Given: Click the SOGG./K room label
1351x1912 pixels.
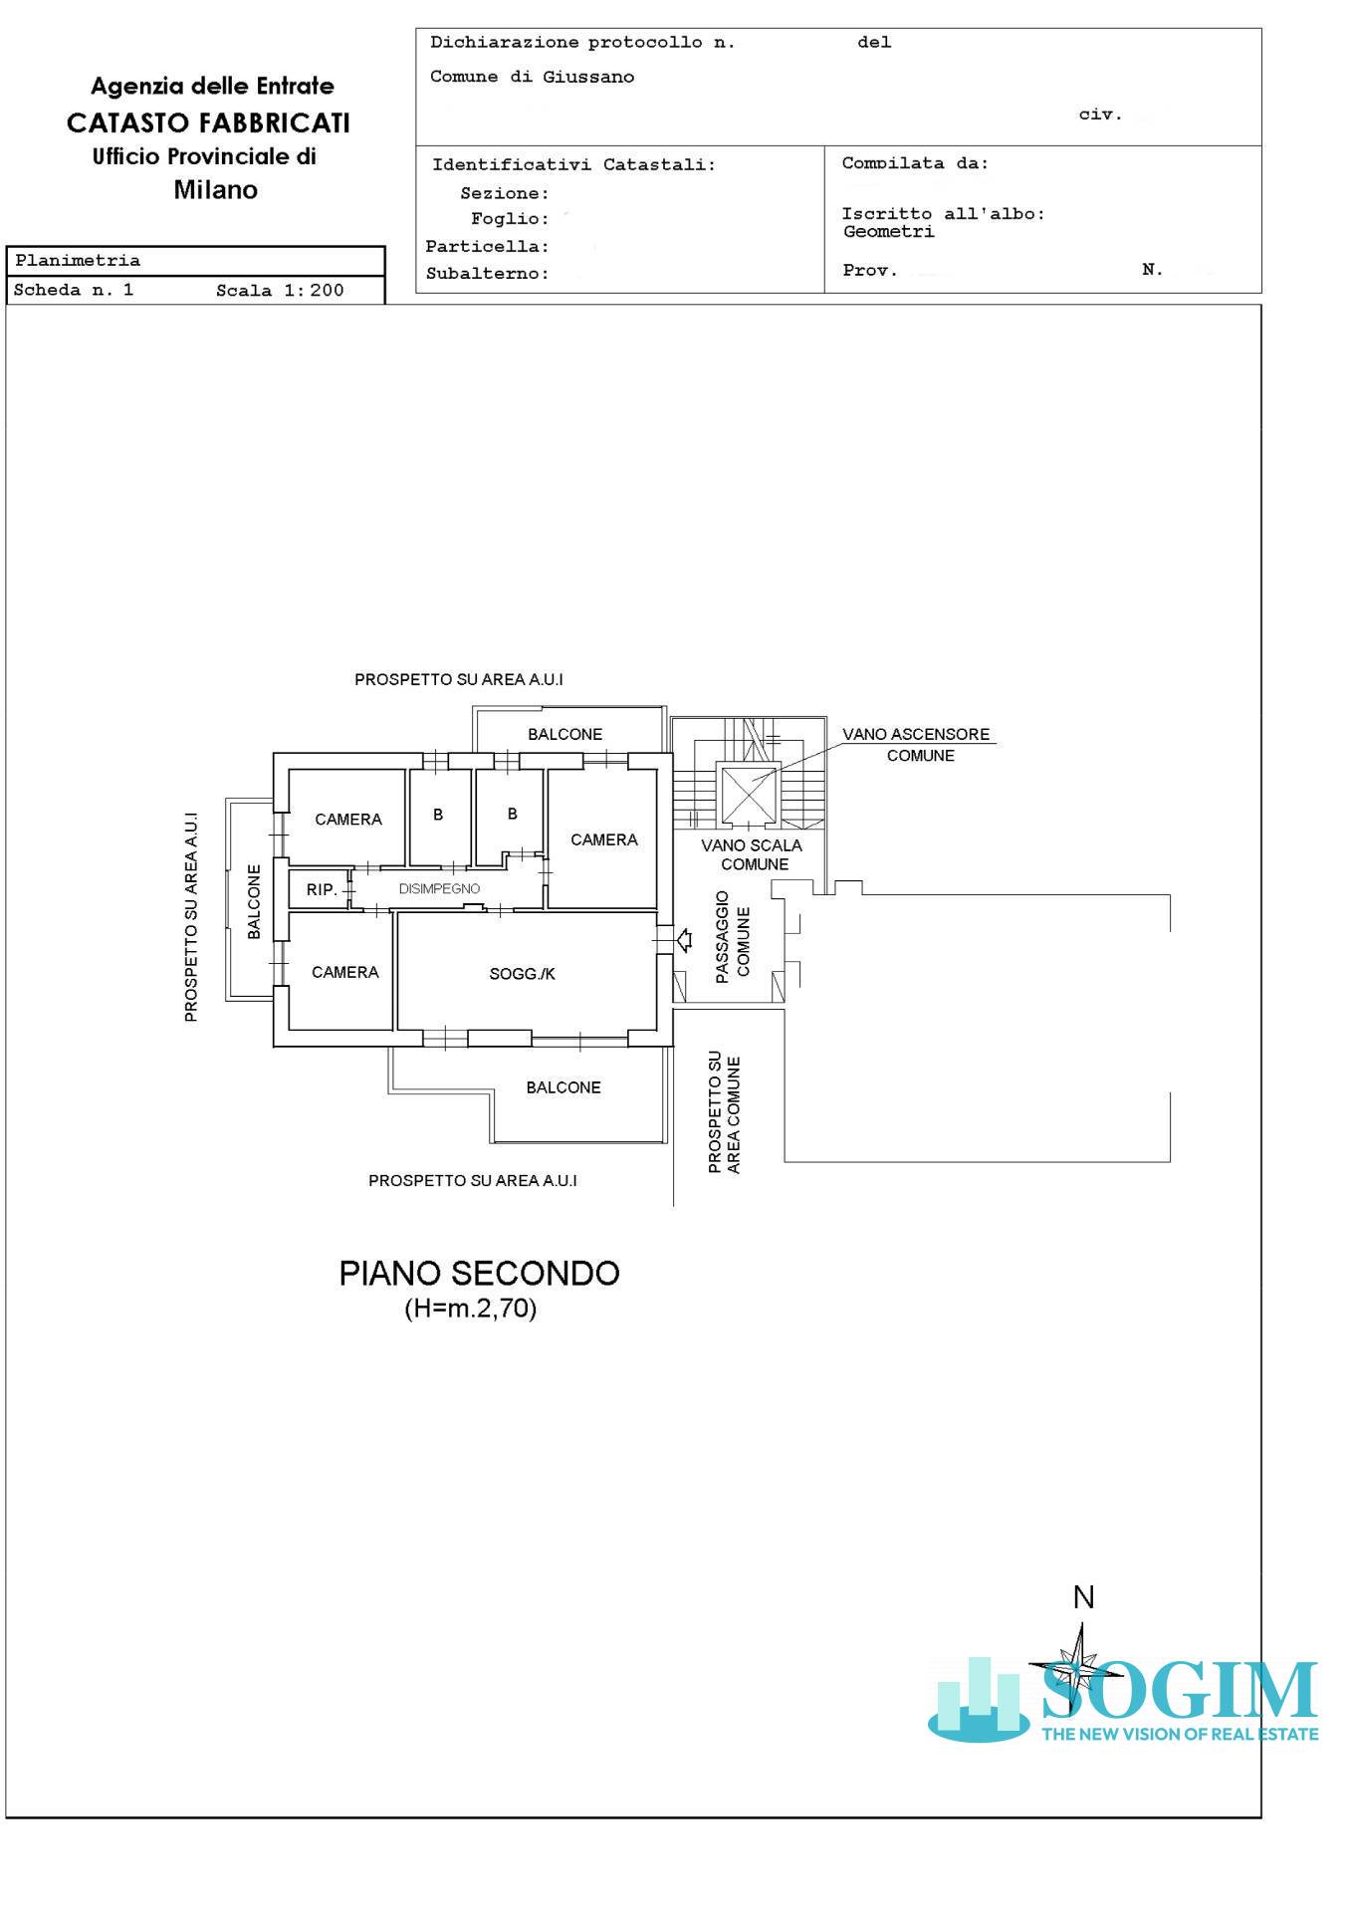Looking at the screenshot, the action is point(522,973).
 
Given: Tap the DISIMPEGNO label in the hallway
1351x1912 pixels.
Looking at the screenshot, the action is point(439,888).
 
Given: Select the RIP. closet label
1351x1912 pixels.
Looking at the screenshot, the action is point(322,889).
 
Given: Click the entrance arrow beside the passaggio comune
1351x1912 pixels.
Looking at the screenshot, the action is point(684,939).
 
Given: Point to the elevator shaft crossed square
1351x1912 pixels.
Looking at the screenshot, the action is point(749,794).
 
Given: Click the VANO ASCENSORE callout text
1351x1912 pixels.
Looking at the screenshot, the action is point(916,744).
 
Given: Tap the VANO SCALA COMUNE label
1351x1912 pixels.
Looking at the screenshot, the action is point(752,854).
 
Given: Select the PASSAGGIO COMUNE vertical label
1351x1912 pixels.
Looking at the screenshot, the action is point(733,937).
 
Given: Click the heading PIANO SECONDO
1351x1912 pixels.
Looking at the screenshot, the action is point(479,1273).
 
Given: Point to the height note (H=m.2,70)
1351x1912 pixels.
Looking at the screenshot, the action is point(470,1309).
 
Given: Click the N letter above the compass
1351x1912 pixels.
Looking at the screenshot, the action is point(1083,1597).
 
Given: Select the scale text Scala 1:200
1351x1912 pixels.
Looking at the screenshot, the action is point(280,291).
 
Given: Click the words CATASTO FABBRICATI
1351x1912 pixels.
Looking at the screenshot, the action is point(208,122).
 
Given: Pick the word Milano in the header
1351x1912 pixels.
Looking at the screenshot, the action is point(215,190).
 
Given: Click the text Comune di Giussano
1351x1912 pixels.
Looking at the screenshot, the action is point(532,77).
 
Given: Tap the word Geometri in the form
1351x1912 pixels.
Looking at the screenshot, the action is point(888,232).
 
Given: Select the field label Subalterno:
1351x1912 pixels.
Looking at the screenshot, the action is point(488,274).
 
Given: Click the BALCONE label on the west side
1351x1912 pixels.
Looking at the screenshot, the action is point(254,901).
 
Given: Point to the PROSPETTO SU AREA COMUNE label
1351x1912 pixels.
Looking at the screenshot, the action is point(724,1111).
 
